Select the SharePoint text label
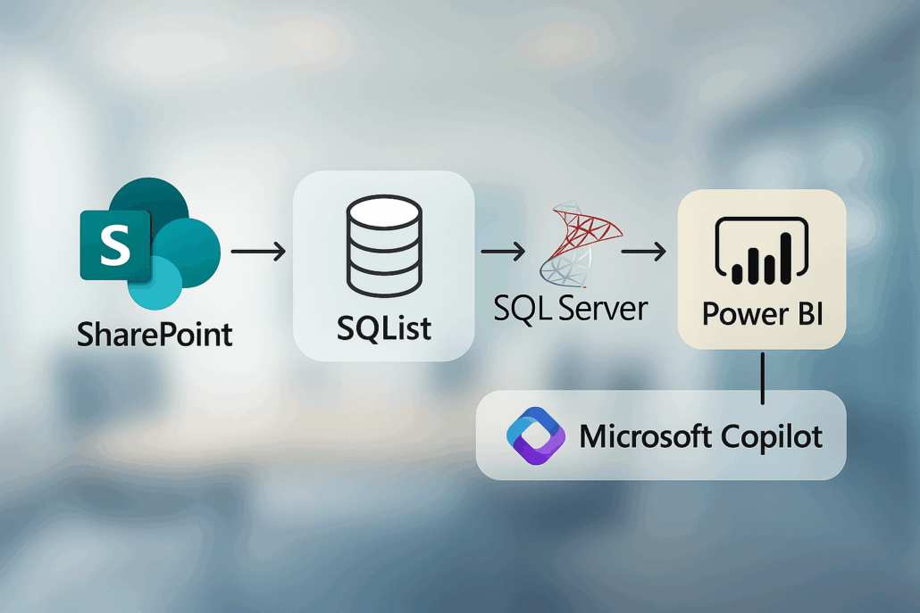(155, 335)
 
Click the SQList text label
(384, 327)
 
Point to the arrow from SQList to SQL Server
(504, 253)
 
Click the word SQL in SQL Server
(523, 308)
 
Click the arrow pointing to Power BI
(644, 253)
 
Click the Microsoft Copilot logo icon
(536, 435)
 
